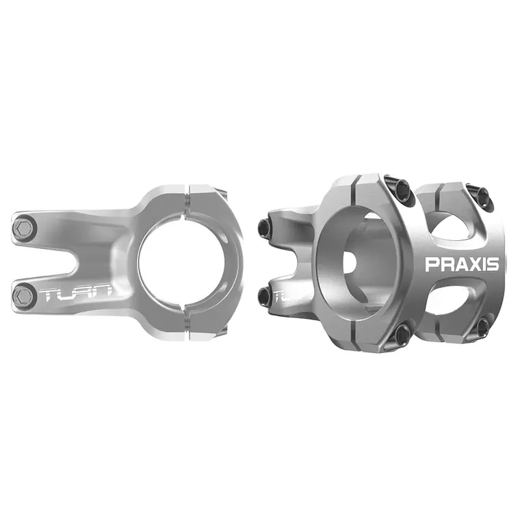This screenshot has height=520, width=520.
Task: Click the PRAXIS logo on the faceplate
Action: pyautogui.click(x=462, y=264)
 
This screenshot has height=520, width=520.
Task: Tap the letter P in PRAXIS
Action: pyautogui.click(x=432, y=264)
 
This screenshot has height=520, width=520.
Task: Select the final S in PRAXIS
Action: pyautogui.click(x=493, y=264)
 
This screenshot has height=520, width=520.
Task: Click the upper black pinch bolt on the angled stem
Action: pyautogui.click(x=263, y=226)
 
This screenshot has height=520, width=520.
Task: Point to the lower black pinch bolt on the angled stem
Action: pyautogui.click(x=265, y=295)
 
